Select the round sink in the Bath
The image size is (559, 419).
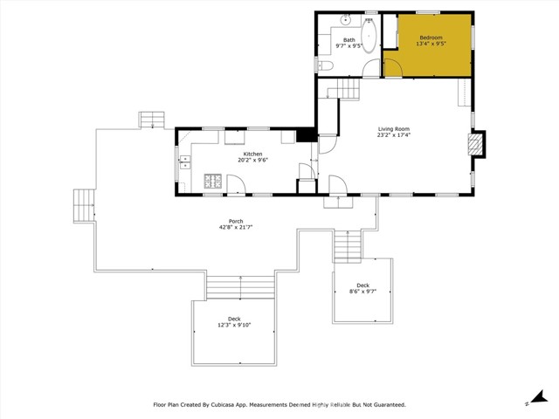coord(346,18)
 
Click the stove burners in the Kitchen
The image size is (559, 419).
coord(212,182)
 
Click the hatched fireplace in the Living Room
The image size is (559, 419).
coord(477,144)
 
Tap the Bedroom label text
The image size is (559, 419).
coord(431,38)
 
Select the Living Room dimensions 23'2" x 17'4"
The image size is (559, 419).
coord(394,134)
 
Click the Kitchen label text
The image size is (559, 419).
coord(252,154)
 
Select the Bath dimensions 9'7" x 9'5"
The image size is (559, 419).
coord(349,45)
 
